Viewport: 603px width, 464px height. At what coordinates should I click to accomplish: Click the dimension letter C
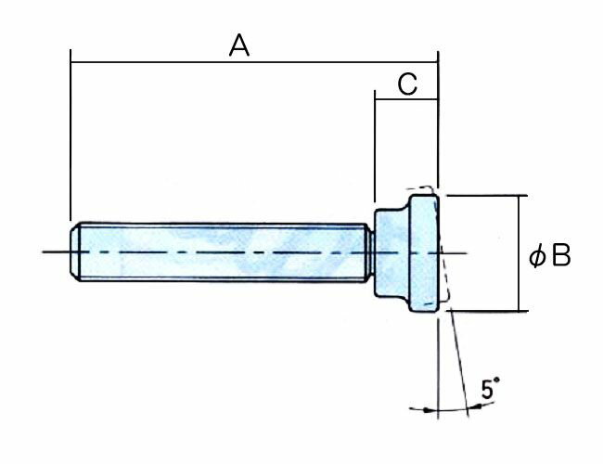point(405,84)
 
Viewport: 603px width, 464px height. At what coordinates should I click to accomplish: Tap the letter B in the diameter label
point(560,255)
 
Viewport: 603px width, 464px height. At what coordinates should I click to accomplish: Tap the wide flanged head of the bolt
point(421,251)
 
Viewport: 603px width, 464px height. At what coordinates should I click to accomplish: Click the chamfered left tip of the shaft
point(75,251)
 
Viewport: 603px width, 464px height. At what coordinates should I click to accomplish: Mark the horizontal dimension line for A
point(167,63)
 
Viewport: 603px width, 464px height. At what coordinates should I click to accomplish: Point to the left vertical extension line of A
point(71,139)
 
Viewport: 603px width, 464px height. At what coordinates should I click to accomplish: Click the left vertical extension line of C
point(374,148)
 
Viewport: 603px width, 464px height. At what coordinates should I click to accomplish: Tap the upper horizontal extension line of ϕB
point(482,196)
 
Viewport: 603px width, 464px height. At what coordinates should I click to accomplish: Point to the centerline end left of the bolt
point(51,252)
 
